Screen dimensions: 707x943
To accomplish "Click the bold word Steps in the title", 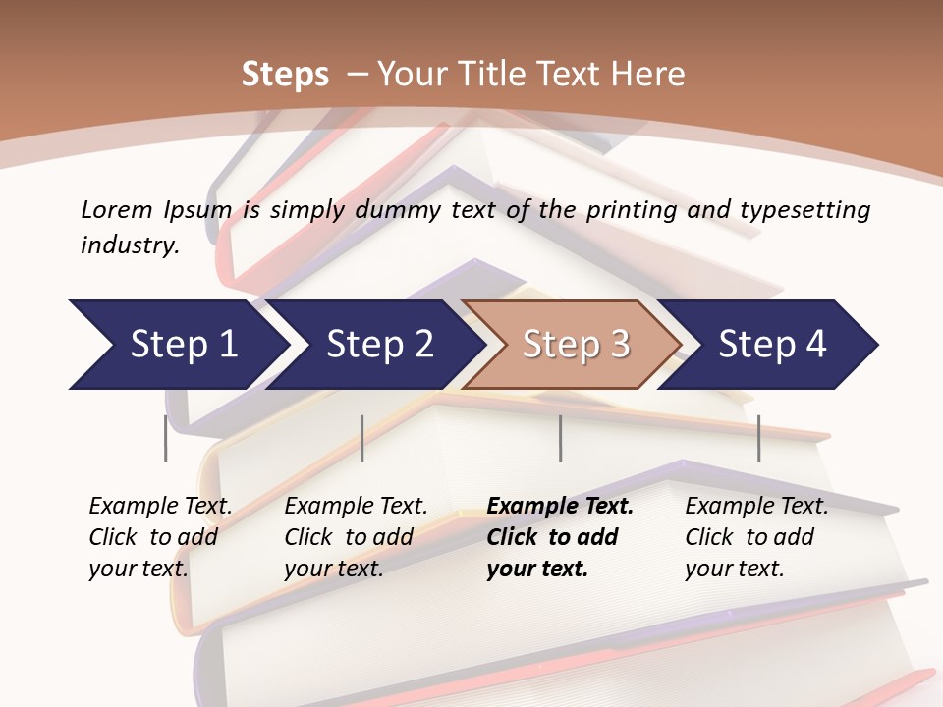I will click(x=285, y=75).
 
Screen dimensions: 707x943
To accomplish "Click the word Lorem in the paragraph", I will click(x=117, y=209).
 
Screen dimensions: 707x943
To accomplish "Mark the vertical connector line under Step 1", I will click(x=165, y=438).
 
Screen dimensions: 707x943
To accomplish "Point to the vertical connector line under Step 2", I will click(x=362, y=438).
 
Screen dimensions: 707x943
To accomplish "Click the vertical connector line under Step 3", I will click(x=560, y=438).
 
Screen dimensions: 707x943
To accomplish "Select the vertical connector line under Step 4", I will click(x=758, y=438).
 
